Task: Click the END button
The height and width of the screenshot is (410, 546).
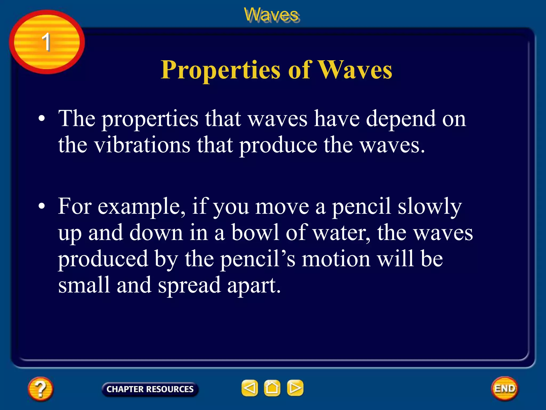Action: click(504, 388)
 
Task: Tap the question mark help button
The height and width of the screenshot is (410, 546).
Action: click(40, 389)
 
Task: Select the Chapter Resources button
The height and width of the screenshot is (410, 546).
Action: click(150, 389)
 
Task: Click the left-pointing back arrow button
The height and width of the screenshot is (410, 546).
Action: click(250, 388)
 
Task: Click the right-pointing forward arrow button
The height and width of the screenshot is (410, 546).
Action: click(295, 388)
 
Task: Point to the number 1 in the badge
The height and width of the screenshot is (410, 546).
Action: click(46, 42)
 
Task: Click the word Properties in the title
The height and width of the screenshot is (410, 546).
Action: click(220, 70)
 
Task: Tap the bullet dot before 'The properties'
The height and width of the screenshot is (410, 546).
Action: click(42, 119)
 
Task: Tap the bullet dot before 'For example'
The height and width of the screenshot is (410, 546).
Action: click(42, 206)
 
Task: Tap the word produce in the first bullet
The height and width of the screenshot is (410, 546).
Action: click(278, 146)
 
